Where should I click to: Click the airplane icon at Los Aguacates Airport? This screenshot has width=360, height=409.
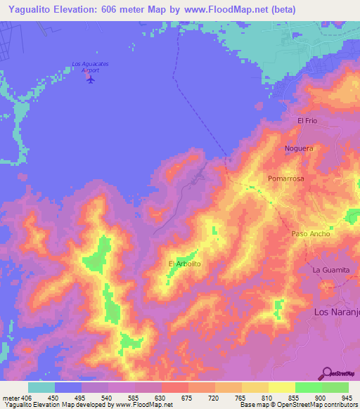point(90,79)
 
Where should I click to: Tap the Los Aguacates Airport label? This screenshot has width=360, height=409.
point(91,67)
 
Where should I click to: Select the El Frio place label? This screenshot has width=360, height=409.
point(309,121)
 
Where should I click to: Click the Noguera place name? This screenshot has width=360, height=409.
point(298,149)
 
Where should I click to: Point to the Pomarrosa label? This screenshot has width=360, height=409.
point(285,179)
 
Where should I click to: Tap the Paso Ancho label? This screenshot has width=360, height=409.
point(310,234)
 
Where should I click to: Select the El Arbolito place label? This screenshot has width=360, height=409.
point(185,264)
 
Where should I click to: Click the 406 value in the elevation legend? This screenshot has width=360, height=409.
point(27,398)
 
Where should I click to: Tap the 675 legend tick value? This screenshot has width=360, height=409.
point(188,398)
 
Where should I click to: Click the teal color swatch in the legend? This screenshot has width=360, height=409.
point(41,387)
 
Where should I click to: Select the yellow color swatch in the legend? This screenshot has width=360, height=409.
point(281,387)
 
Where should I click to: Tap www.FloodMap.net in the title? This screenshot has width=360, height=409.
point(226,10)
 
